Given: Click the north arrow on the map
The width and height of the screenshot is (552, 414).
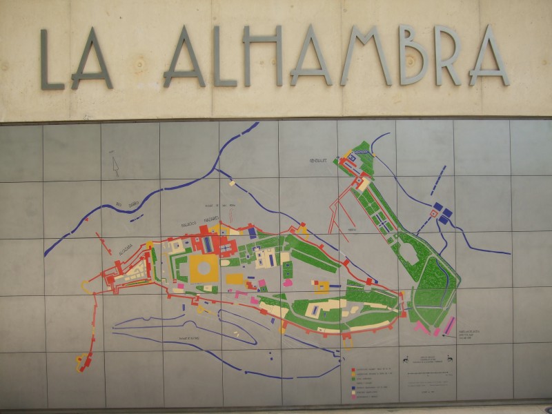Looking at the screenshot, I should (x=115, y=166).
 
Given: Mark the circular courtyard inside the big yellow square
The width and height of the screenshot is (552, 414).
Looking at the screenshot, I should (x=204, y=268).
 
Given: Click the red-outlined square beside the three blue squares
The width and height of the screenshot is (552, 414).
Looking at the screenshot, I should (x=434, y=214).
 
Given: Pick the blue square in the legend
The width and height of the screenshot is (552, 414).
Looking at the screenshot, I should (x=353, y=388).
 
